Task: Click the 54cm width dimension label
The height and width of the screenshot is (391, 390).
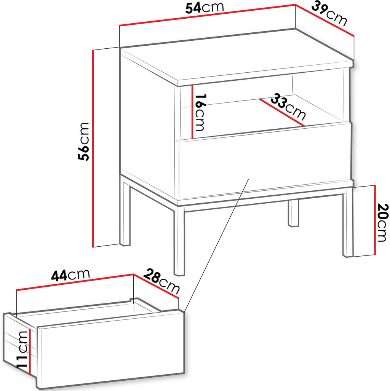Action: (205, 8)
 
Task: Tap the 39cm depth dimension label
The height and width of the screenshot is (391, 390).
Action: (329, 14)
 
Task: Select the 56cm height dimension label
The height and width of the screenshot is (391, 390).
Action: (83, 142)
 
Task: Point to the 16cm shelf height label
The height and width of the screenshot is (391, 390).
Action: (200, 112)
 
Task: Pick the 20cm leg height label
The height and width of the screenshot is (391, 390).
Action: (382, 222)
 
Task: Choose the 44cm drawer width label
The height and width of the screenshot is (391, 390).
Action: (70, 275)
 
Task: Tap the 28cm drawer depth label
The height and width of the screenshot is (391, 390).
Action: (161, 281)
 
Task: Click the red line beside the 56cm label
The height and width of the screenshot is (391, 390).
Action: (93, 148)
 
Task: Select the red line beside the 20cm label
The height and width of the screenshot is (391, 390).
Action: (374, 220)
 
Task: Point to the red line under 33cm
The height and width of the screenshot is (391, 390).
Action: (282, 113)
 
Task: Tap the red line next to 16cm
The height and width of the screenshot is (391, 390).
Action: (192, 112)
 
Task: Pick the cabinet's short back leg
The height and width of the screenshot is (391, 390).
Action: (293, 214)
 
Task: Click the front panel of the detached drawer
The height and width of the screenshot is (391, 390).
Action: (111, 350)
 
